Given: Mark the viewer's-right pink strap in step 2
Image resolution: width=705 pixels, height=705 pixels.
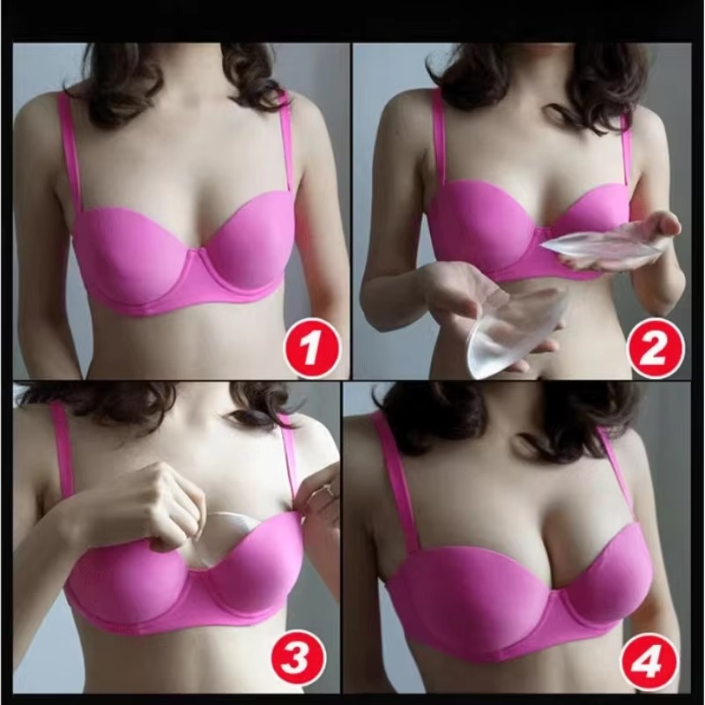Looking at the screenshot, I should click(x=627, y=150).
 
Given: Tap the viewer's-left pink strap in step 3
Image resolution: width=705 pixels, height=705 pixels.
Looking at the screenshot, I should click(x=63, y=449).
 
